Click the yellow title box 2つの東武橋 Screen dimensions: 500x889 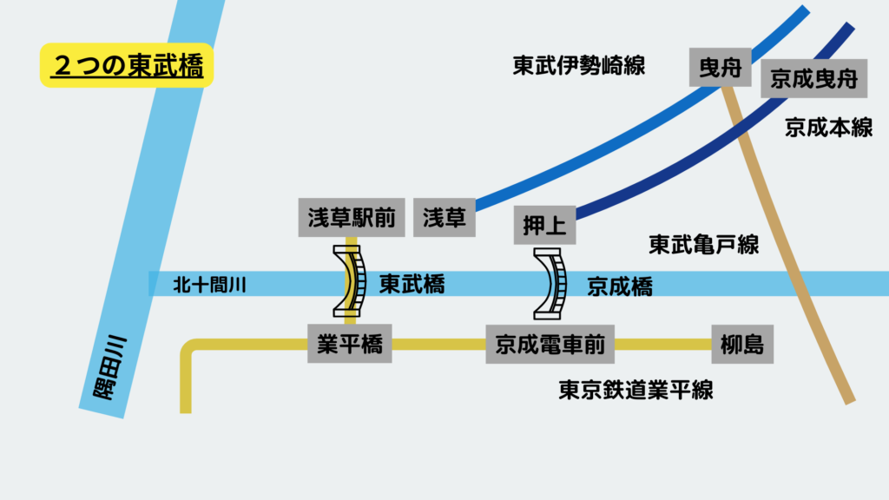click(127, 66)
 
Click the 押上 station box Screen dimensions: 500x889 click(545, 227)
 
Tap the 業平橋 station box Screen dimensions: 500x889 click(351, 344)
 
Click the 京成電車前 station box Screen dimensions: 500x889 click(550, 345)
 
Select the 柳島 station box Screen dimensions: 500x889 click(742, 345)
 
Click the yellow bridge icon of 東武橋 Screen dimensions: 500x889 click(351, 281)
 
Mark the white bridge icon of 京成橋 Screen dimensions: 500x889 click(550, 281)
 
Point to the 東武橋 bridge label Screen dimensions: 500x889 click(412, 284)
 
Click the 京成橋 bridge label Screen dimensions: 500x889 click(620, 286)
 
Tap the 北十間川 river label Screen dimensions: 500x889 click(210, 284)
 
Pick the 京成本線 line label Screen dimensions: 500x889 click(828, 128)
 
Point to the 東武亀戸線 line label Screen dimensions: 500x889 click(703, 245)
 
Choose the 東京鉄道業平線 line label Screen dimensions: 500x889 click(635, 390)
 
